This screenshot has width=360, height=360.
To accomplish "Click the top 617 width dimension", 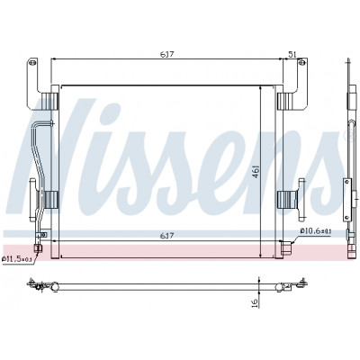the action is click(x=167, y=54).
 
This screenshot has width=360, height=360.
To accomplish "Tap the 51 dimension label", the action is click(x=292, y=54).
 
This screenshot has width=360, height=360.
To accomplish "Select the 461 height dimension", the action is click(x=256, y=171).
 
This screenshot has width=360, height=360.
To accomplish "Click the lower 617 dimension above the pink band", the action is click(x=167, y=236).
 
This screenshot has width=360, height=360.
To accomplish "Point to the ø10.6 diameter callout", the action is click(x=315, y=231).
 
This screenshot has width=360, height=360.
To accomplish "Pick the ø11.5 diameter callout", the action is click(x=17, y=259).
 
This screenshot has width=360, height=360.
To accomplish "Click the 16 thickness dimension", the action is click(x=255, y=302).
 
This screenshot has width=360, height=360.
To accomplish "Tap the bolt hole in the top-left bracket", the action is click(x=33, y=63).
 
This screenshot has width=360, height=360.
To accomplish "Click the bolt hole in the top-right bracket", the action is click(x=301, y=63).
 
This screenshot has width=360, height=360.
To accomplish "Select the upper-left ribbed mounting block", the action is click(x=49, y=101).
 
